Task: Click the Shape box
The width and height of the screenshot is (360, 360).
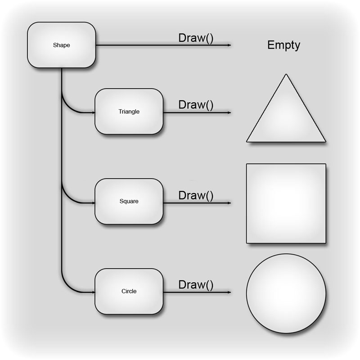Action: click(x=61, y=45)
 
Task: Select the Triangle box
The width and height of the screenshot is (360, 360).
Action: click(x=129, y=111)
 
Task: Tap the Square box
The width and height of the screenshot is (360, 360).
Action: click(x=129, y=201)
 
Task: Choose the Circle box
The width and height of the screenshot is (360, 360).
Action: click(x=129, y=291)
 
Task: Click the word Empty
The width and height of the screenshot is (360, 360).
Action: click(x=283, y=45)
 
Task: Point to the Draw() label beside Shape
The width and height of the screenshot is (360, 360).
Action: click(x=196, y=38)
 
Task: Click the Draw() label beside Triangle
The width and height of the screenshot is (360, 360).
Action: click(x=196, y=105)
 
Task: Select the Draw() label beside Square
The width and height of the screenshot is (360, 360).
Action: click(x=196, y=195)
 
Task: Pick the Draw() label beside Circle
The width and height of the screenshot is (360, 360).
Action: click(x=196, y=285)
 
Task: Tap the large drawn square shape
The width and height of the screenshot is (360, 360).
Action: click(x=286, y=203)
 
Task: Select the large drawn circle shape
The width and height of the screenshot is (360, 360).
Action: click(x=286, y=293)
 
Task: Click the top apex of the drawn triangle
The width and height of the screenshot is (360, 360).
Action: click(x=286, y=75)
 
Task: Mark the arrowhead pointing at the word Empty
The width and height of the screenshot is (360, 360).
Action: click(x=229, y=45)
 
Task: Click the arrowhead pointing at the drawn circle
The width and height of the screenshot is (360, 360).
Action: click(x=229, y=292)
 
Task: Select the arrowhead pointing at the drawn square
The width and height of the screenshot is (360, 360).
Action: click(x=229, y=203)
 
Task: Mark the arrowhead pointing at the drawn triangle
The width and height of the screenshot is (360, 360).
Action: click(x=229, y=112)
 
